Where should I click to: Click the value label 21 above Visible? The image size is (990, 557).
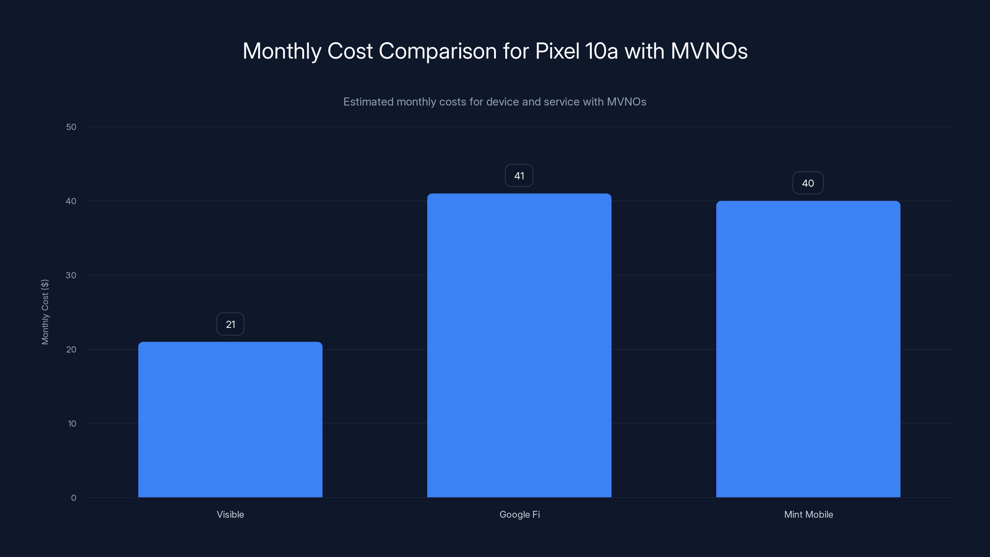coord(230,324)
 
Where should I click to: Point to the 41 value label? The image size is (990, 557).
coord(519,176)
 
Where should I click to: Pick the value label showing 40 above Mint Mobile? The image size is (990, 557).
coord(808,183)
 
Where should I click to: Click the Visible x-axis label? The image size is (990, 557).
coord(230,514)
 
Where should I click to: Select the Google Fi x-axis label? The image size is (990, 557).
coord(519,514)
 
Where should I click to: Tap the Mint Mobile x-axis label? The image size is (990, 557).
coord(808,514)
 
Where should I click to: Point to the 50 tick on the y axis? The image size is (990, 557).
coord(71,127)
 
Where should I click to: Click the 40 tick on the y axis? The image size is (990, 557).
coord(71,201)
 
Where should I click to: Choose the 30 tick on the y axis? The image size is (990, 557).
coord(71,275)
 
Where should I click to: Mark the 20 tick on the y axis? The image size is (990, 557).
coord(71,349)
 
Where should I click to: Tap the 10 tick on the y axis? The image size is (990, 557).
coord(72,424)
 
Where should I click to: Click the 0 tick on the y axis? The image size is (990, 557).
coord(73,498)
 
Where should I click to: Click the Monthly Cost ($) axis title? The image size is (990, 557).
coord(45,312)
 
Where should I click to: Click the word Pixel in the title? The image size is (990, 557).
coord(557,51)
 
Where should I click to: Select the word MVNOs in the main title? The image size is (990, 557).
coord(709,51)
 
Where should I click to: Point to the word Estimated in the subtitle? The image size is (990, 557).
coord(368,101)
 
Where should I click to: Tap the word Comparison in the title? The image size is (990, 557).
coord(437,51)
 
